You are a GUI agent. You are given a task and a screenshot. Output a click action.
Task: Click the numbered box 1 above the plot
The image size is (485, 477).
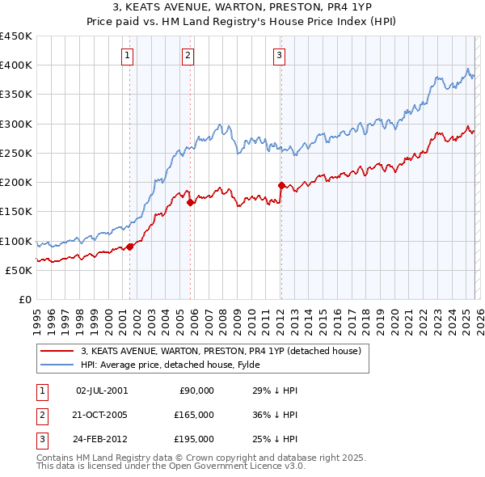tap(129, 56)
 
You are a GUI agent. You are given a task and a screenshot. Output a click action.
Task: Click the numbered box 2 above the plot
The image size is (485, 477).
tap(188, 56)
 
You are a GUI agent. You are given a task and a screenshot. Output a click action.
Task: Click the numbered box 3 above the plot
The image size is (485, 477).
tap(279, 56)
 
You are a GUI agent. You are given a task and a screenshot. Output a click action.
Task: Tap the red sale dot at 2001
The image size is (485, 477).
tap(129, 247)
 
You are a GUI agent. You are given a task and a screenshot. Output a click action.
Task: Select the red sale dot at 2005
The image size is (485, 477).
tap(191, 203)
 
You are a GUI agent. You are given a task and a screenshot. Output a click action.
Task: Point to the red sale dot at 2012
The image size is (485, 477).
tap(281, 185)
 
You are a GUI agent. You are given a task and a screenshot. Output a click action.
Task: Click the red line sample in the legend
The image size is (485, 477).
tap(57, 351)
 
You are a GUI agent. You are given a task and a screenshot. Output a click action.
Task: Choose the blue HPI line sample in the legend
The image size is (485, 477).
tap(57, 365)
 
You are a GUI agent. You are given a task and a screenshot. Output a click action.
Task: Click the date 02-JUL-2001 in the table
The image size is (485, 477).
tap(102, 390)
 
